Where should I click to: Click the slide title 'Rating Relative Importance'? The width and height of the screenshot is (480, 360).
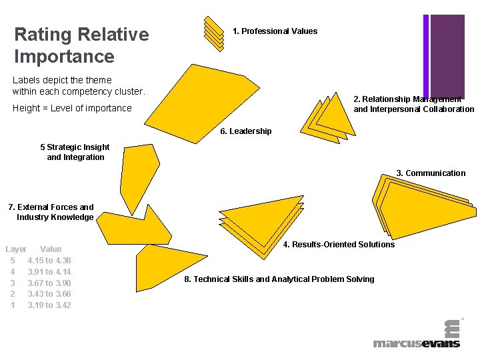click(x=81, y=45)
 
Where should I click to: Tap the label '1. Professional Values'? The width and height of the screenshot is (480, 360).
click(x=275, y=31)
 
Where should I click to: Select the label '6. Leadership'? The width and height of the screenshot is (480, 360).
click(x=246, y=131)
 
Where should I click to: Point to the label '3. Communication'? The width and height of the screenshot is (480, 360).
click(x=431, y=173)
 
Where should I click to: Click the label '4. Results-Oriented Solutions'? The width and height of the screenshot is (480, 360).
click(x=339, y=245)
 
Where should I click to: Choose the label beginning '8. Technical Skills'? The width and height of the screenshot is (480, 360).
click(x=279, y=279)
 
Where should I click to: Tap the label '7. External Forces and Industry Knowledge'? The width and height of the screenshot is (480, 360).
click(x=51, y=212)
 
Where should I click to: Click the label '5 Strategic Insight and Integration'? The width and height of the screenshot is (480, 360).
click(x=75, y=152)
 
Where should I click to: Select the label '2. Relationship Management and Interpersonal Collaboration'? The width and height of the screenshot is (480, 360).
click(x=413, y=105)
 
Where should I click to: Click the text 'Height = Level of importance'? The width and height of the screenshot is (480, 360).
click(x=72, y=108)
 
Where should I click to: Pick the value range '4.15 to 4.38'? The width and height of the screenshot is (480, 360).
click(x=49, y=261)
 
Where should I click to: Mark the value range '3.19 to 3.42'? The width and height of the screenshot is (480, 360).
click(x=49, y=305)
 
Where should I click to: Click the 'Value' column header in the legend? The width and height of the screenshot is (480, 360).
click(x=51, y=249)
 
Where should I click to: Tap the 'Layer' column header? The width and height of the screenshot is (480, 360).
click(x=16, y=249)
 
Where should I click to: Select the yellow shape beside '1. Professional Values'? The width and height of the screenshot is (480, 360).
click(x=213, y=31)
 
